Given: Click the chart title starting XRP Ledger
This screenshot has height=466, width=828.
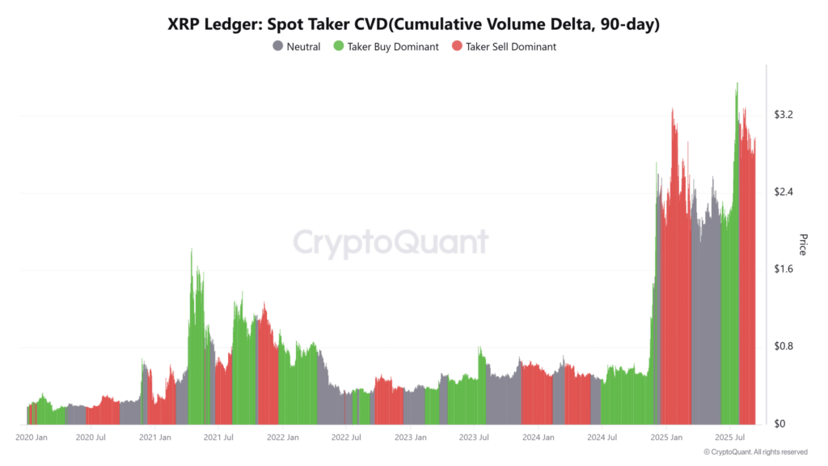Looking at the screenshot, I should pos(414,24).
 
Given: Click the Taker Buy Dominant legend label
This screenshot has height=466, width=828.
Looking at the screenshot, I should pos(393,47).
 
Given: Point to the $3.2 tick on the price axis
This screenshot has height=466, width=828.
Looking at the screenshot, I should pos(784,115).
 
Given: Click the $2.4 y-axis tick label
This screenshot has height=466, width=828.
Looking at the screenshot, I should pos(784,192).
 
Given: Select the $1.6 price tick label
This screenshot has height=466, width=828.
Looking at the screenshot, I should pos(784,269).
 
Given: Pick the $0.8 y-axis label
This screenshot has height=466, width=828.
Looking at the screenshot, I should pos(784,346).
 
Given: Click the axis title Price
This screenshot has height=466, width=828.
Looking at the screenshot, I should pos(803,244).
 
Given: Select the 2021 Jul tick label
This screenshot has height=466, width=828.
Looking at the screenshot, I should pos(218,437).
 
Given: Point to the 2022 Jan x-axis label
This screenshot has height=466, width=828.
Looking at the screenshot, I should pos(283,437).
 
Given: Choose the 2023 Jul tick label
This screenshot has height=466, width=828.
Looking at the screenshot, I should pos(473,437).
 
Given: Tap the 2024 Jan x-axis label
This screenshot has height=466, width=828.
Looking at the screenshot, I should pos(538,437).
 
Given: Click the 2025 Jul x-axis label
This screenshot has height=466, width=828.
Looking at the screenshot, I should pos(729,437).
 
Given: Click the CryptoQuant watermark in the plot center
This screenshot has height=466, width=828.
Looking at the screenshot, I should pos(391,243).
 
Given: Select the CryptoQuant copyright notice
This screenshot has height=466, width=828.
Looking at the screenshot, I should pos(755,452).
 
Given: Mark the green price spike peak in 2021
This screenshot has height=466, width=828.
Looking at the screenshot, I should pos(192,250).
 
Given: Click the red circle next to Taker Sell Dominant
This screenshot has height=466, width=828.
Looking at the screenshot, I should pos(457,47).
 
